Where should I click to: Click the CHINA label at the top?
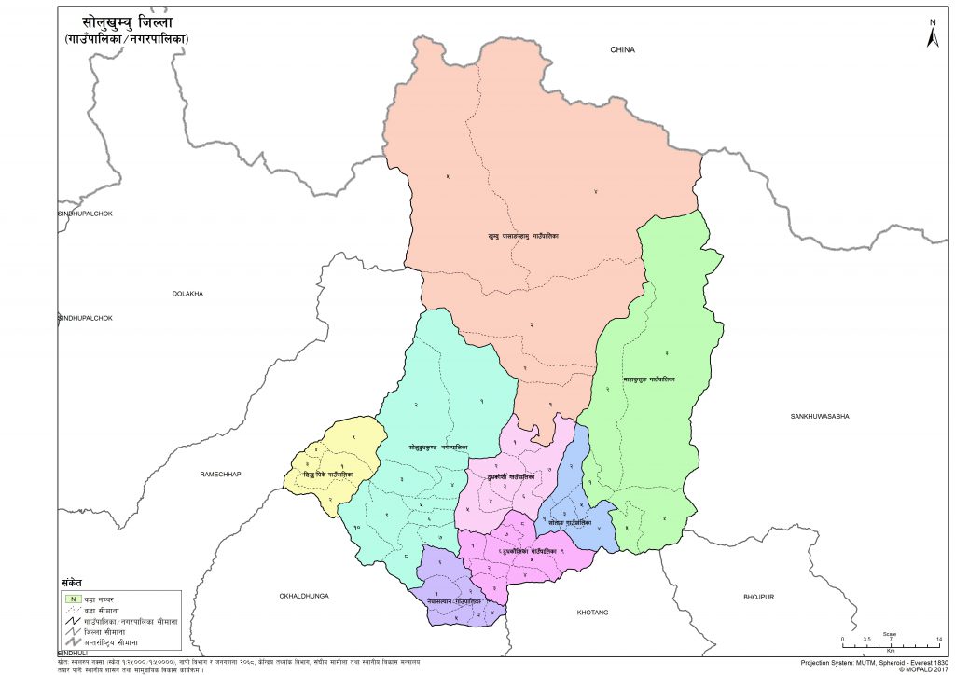coord(622,49)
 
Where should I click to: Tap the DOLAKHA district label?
coord(187,294)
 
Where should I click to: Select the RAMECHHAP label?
coord(220,475)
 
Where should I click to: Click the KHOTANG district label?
coord(592,613)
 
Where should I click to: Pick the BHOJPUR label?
coord(760,596)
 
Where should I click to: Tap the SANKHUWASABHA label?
coord(821,415)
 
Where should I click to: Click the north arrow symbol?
coord(932,34)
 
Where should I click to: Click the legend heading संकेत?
coord(73,580)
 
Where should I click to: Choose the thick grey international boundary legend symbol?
coord(71,643)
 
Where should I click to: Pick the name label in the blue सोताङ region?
coord(570,523)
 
